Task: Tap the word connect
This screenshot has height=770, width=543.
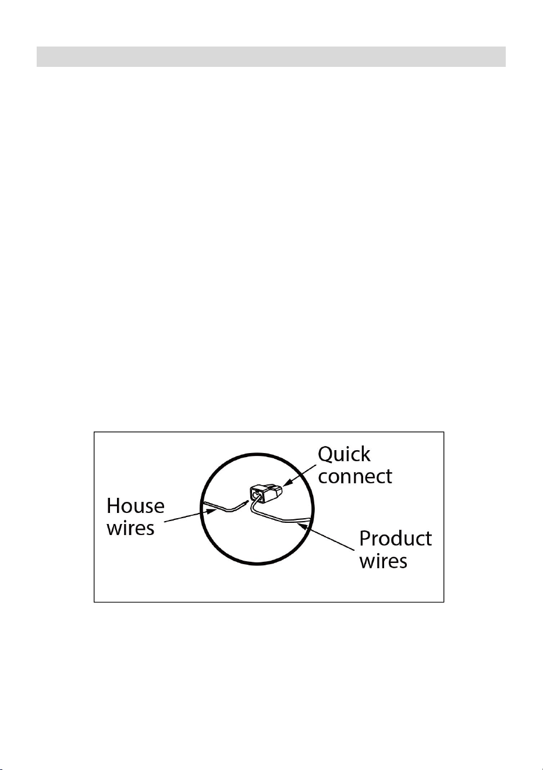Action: pos(355,476)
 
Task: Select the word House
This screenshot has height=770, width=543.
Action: pos(136,507)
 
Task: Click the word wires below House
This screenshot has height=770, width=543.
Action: pos(130,527)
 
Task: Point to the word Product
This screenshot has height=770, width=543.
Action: pos(395,539)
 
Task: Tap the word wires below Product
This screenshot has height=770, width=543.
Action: pos(384,561)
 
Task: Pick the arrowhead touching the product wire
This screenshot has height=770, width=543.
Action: pos(303,525)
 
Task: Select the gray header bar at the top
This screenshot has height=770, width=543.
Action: pos(271,56)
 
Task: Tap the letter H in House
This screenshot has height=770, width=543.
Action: pos(113,507)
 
